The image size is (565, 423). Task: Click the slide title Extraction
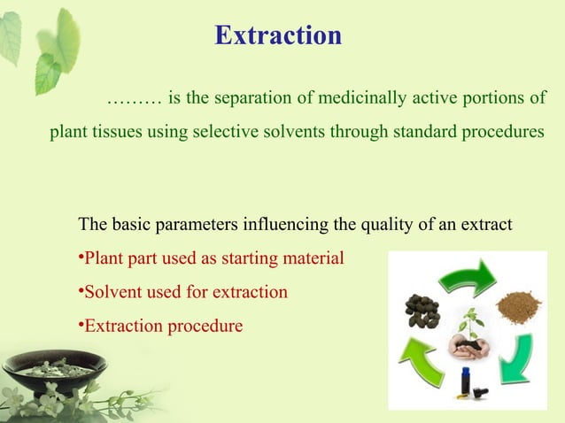coord(278,35)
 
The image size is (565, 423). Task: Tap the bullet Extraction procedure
coord(160,326)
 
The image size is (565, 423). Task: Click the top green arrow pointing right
coord(467,275)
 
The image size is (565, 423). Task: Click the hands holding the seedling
coord(467,342)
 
